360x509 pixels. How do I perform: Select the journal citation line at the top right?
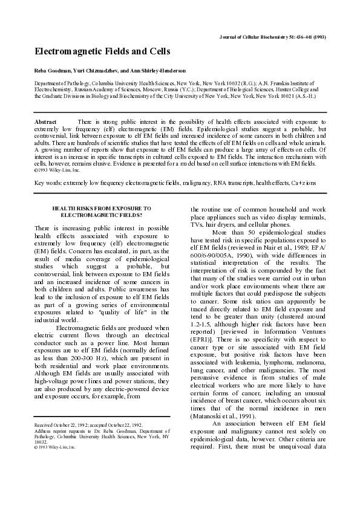[x=272, y=37]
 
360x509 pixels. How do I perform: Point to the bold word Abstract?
[x=46, y=122]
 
